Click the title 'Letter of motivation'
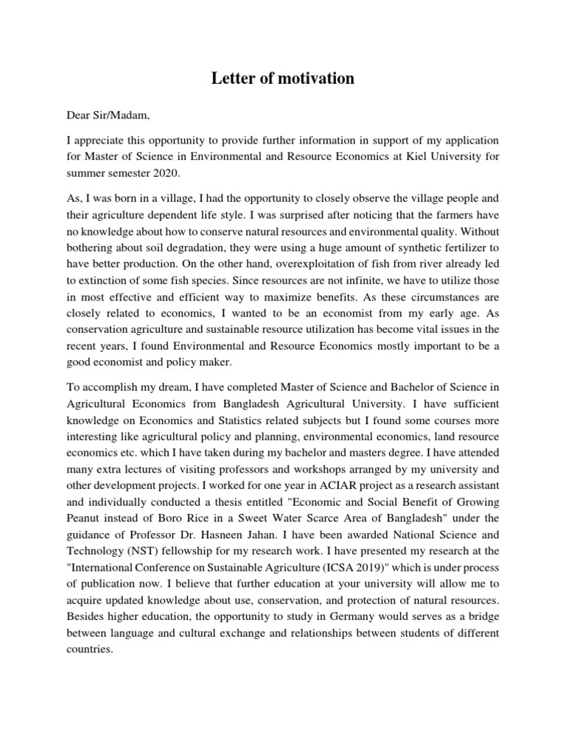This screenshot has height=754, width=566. [x=282, y=79]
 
